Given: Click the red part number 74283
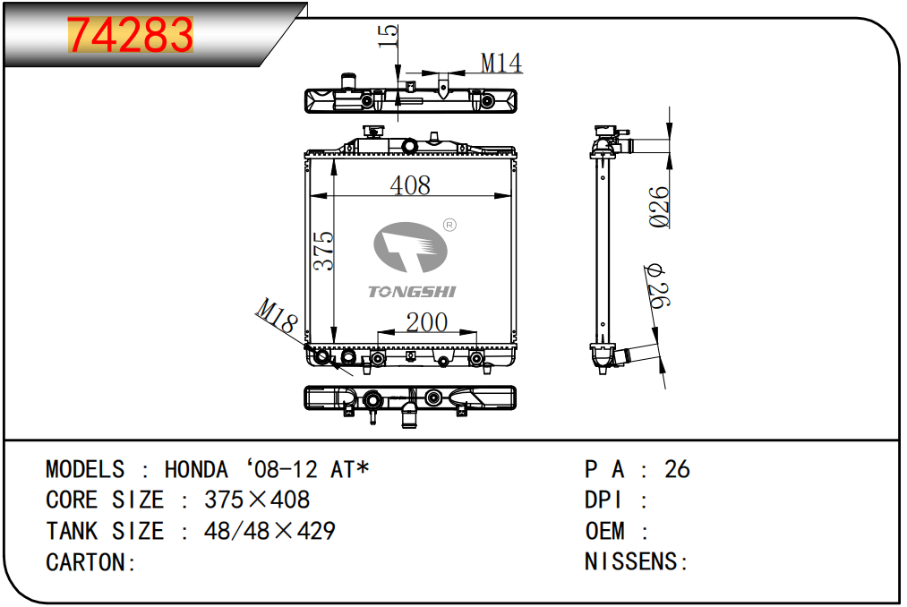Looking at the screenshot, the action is [x=130, y=35].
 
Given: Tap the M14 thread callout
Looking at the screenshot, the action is [x=501, y=63].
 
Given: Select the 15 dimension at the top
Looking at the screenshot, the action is [x=388, y=36].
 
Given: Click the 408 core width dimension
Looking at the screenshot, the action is [x=410, y=185].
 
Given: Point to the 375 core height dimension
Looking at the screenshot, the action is [x=323, y=251].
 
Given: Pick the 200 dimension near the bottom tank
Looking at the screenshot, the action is [x=427, y=322].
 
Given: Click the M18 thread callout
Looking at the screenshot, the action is [x=277, y=316].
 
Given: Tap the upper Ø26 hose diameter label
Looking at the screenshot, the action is [x=659, y=207].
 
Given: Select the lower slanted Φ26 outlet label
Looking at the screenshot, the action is [x=657, y=286].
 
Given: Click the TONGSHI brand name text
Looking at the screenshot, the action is [x=413, y=292].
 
